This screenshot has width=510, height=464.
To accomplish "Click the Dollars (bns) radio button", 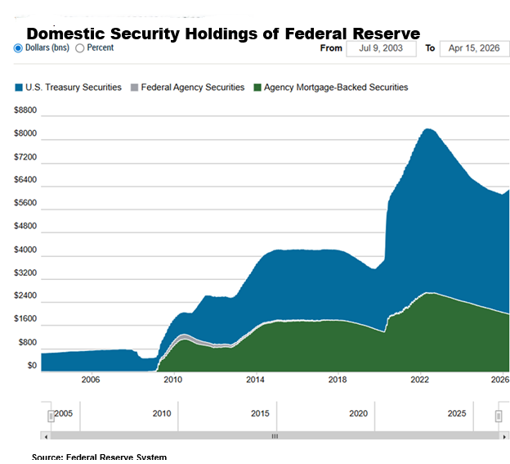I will pyautogui.click(x=18, y=48).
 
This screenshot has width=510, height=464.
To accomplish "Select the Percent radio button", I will pyautogui.click(x=80, y=48).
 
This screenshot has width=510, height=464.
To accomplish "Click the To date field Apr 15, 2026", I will pyautogui.click(x=473, y=48).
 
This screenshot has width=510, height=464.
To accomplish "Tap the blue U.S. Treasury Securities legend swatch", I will pyautogui.click(x=19, y=88).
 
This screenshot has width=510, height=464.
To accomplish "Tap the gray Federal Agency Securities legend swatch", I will pyautogui.click(x=134, y=88).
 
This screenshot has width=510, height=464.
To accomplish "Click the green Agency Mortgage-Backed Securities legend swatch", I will pyautogui.click(x=257, y=88).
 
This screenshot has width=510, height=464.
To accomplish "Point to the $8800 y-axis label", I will pyautogui.click(x=26, y=110).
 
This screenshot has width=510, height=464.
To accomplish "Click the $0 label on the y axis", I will pyautogui.click(x=32, y=366).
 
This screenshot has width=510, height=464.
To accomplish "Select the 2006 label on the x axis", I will pyautogui.click(x=90, y=380).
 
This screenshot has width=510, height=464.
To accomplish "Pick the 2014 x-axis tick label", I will pyautogui.click(x=255, y=380).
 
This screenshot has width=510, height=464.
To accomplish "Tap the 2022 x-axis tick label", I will pyautogui.click(x=420, y=380).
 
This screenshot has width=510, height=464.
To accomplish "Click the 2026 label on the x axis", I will pyautogui.click(x=500, y=380).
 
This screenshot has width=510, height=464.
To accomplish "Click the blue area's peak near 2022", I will pyautogui.click(x=427, y=130).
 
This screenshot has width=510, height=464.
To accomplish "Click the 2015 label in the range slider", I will pyautogui.click(x=260, y=414).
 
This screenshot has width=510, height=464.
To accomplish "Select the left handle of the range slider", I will pyautogui.click(x=51, y=416).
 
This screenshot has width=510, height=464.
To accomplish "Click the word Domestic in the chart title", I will pyautogui.click(x=69, y=34).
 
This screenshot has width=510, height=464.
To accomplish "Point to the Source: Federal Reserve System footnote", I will pyautogui.click(x=99, y=457).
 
